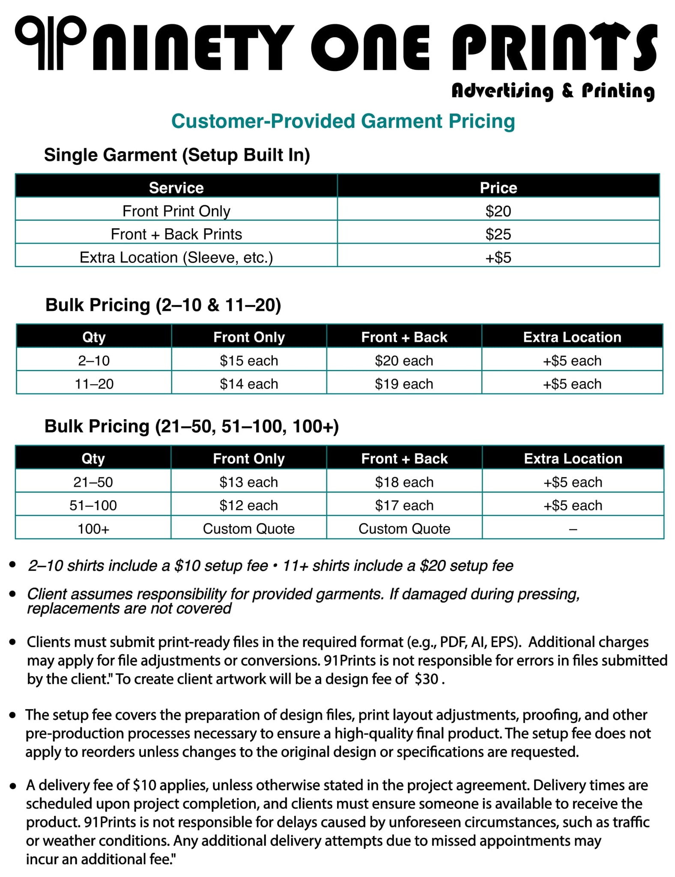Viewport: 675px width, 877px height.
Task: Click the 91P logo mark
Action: coord(50,43)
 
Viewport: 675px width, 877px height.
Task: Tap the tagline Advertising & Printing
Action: coord(553,91)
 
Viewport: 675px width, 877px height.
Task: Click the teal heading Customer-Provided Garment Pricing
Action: coord(343,121)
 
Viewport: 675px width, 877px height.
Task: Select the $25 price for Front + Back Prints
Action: coord(498,234)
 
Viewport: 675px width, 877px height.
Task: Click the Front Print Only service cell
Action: coord(176,211)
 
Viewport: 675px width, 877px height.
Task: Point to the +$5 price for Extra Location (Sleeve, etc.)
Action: coord(498,257)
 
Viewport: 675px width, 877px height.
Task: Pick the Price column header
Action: coord(498,188)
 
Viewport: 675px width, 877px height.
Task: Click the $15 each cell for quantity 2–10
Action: coord(249,361)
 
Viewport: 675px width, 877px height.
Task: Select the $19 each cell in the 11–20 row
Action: coord(404,384)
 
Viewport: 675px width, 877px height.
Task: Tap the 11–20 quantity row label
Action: coord(94,384)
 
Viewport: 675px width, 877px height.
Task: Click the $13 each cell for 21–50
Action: coord(249,482)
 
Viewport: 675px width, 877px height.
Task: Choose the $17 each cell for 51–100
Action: coord(404,505)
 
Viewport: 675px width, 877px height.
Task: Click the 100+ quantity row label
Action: coord(93,529)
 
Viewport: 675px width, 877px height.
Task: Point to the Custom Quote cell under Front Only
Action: coord(249,529)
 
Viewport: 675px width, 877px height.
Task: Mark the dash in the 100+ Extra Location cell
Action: coord(573,529)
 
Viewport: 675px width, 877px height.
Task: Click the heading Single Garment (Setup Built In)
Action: coord(177,155)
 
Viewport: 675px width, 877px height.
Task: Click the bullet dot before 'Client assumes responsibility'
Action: coord(13,594)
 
